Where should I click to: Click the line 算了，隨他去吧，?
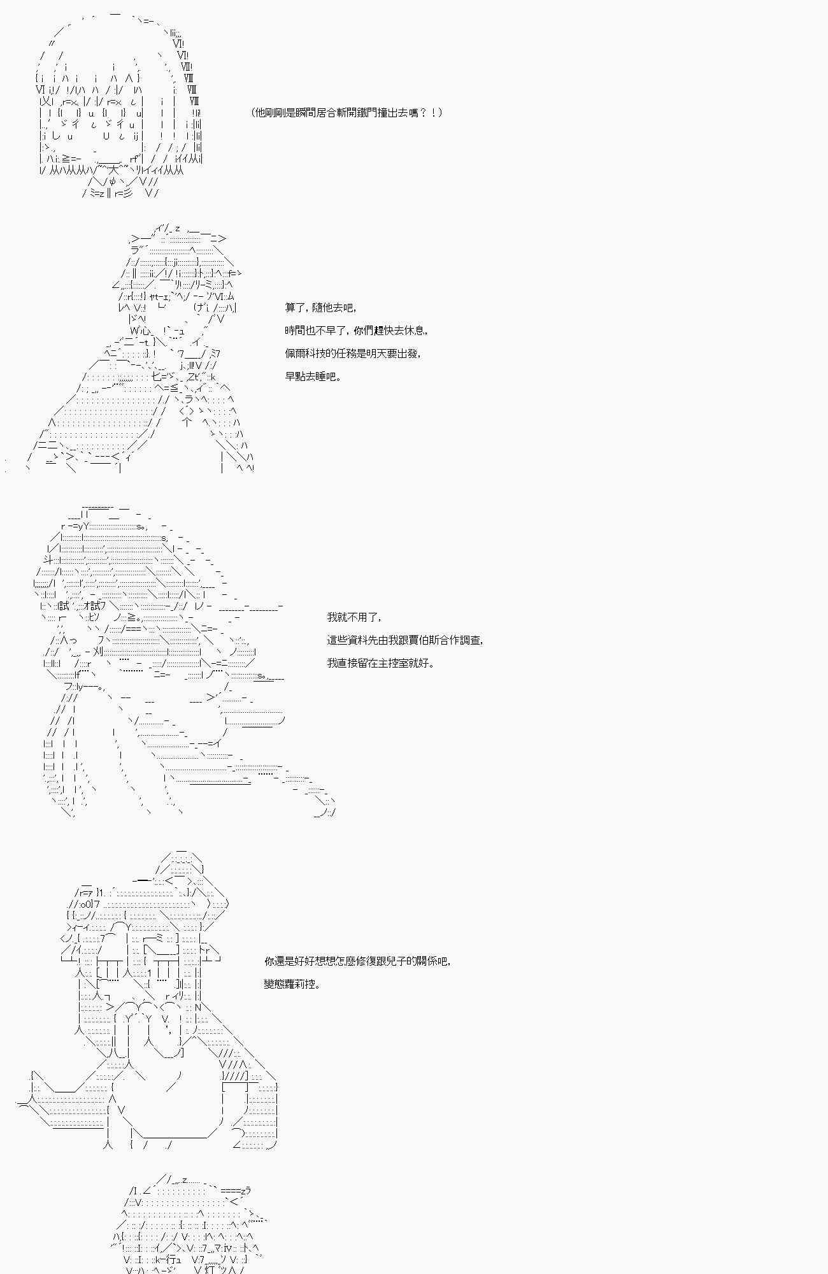(320, 308)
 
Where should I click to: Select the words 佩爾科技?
(308, 354)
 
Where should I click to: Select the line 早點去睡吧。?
(313, 376)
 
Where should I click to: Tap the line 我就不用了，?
(354, 617)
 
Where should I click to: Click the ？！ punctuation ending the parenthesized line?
(431, 113)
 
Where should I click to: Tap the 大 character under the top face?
(114, 170)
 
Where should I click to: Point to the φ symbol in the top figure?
(113, 182)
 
